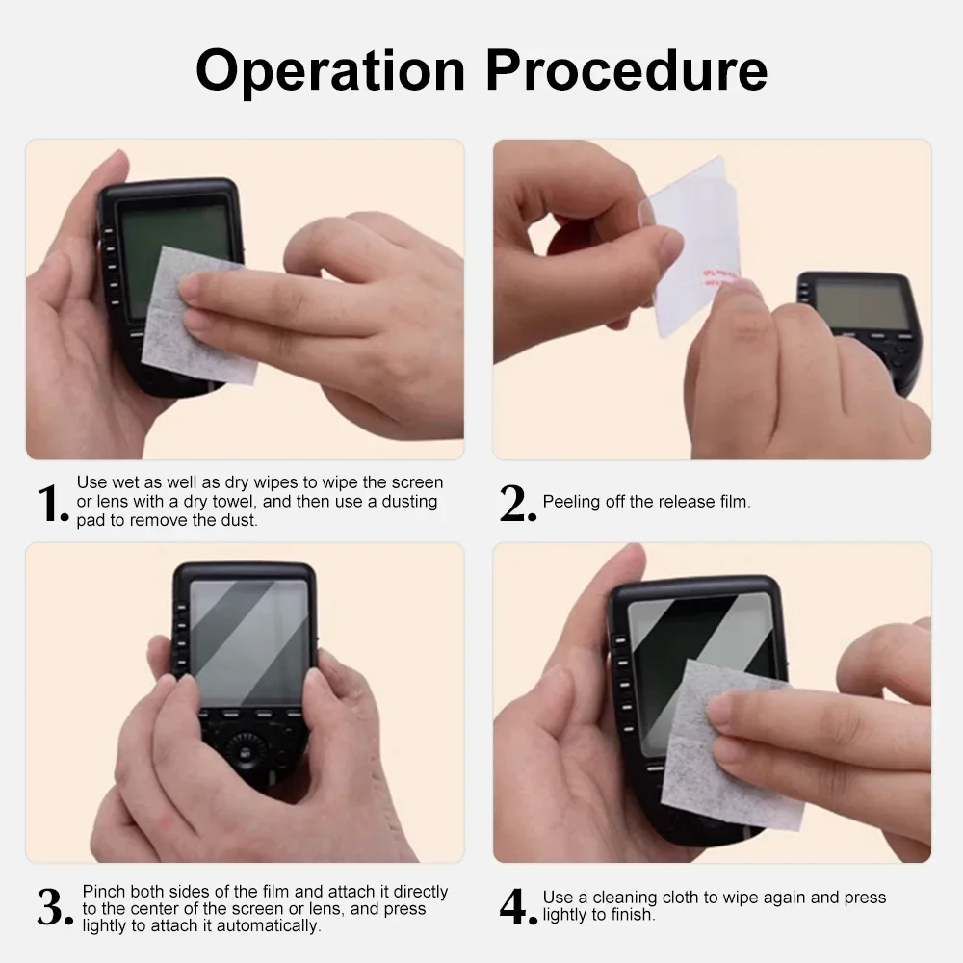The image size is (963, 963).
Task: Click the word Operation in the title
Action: (x=330, y=71)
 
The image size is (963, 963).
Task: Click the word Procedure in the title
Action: (x=627, y=69)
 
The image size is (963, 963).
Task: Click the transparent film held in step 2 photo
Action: (x=694, y=246)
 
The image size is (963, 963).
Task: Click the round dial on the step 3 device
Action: (x=246, y=750)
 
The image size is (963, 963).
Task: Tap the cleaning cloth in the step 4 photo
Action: (x=731, y=746)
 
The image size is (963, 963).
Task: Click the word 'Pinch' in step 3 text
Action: (x=104, y=891)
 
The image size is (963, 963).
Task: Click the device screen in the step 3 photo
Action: (x=248, y=642)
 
